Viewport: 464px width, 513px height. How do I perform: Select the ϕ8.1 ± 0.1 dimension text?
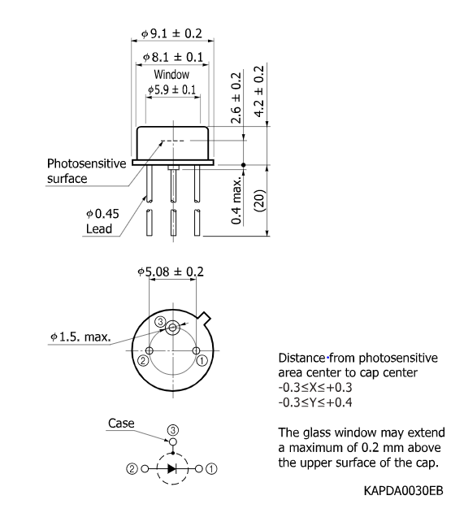tap(172, 58)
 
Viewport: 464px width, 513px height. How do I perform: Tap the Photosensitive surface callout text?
tap(85, 170)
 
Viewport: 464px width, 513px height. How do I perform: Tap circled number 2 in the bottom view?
tap(143, 360)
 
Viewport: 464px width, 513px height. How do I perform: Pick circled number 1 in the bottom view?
tap(203, 359)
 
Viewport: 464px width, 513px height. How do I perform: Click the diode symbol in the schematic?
tap(172, 468)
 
